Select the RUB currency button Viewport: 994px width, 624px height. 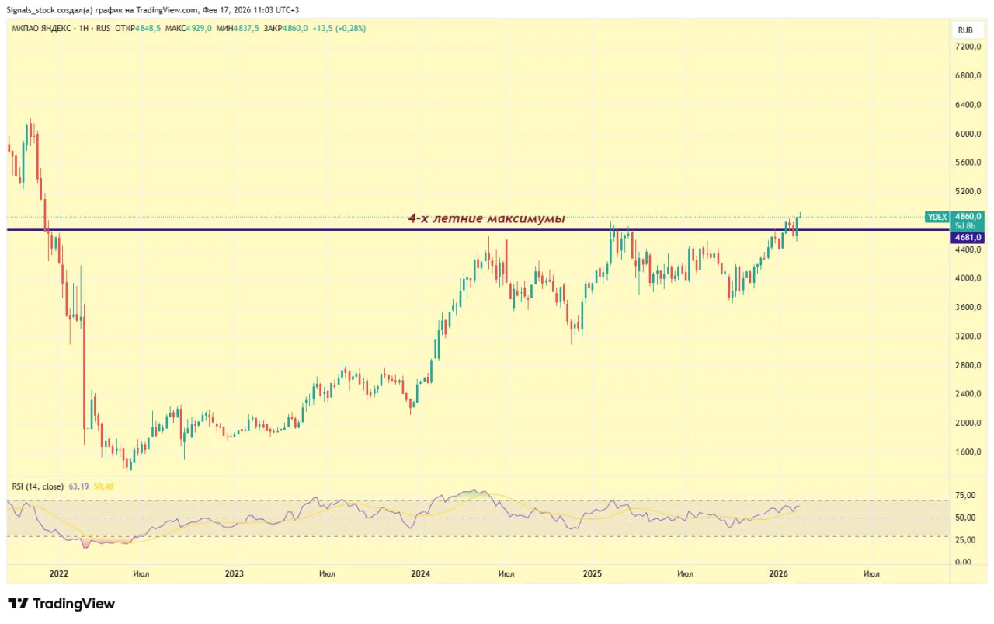965,30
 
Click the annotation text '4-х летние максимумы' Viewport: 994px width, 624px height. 487,219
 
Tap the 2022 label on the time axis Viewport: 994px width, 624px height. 58,574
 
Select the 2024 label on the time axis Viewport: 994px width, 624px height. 420,574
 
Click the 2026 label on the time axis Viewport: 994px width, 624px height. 779,574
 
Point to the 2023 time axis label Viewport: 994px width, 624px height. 234,574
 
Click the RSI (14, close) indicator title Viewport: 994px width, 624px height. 38,486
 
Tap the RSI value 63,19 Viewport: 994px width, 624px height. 79,486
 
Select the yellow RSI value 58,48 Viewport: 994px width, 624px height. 104,486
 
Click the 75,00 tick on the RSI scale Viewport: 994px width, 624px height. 965,494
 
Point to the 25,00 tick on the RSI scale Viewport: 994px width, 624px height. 965,539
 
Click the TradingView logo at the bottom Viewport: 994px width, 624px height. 61,604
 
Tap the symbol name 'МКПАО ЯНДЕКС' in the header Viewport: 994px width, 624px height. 38,28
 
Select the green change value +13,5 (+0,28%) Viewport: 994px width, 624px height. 339,28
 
